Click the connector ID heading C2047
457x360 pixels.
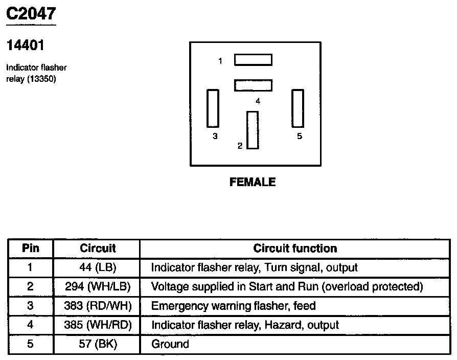[30, 13]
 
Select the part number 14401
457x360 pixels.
[25, 46]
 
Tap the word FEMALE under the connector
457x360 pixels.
[253, 182]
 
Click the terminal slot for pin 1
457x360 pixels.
[253, 60]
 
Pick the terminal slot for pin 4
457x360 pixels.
[253, 85]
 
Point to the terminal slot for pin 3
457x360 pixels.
[213, 108]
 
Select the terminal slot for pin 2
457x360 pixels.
[253, 130]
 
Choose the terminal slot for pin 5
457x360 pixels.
[297, 108]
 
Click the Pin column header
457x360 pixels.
[30, 249]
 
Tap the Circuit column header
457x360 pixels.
[98, 249]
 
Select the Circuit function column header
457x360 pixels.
[295, 249]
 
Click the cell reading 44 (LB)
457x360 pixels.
[98, 267]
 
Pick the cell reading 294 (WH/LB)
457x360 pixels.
[98, 286]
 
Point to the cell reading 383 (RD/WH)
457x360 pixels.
[98, 306]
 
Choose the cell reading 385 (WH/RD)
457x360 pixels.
[98, 325]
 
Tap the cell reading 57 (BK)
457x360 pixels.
[98, 344]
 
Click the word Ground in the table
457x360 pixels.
[170, 344]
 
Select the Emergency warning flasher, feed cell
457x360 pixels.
[233, 306]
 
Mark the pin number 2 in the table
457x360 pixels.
[30, 286]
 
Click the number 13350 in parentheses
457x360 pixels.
[41, 79]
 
